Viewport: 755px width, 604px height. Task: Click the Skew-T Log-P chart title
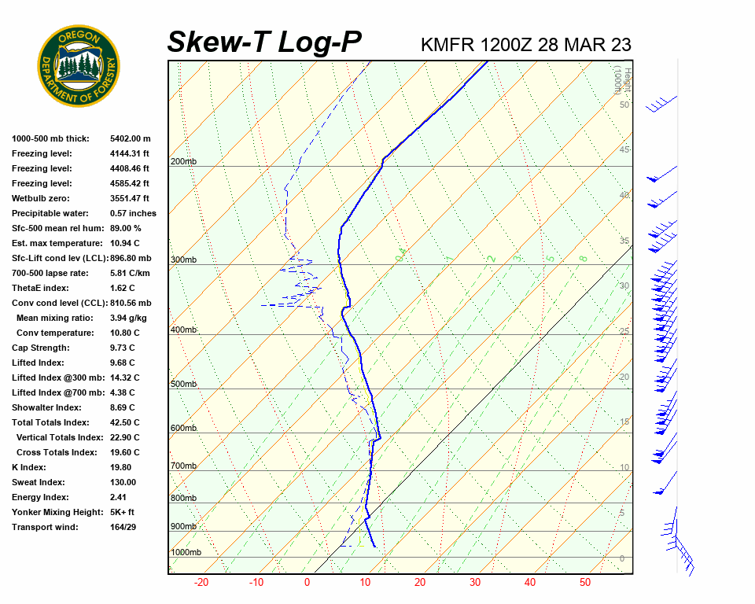point(265,42)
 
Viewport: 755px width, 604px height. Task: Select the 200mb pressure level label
point(182,161)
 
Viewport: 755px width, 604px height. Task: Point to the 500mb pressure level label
point(182,384)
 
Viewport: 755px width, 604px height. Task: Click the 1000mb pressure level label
point(186,552)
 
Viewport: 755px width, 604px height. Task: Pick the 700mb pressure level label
point(182,466)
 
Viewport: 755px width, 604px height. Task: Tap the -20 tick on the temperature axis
point(201,583)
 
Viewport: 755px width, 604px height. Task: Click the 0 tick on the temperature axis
point(307,583)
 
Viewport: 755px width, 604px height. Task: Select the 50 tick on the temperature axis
point(584,583)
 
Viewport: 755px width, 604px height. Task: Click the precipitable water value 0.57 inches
point(133,213)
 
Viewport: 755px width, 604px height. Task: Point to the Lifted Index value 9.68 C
point(122,363)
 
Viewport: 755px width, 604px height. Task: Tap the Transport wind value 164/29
point(123,527)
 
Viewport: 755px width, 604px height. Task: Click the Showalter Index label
point(46,407)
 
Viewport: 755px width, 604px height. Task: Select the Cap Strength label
point(41,348)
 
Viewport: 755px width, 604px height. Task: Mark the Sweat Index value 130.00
point(123,482)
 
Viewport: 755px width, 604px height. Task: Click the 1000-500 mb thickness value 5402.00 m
point(130,138)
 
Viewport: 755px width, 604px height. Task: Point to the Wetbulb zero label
point(42,198)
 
